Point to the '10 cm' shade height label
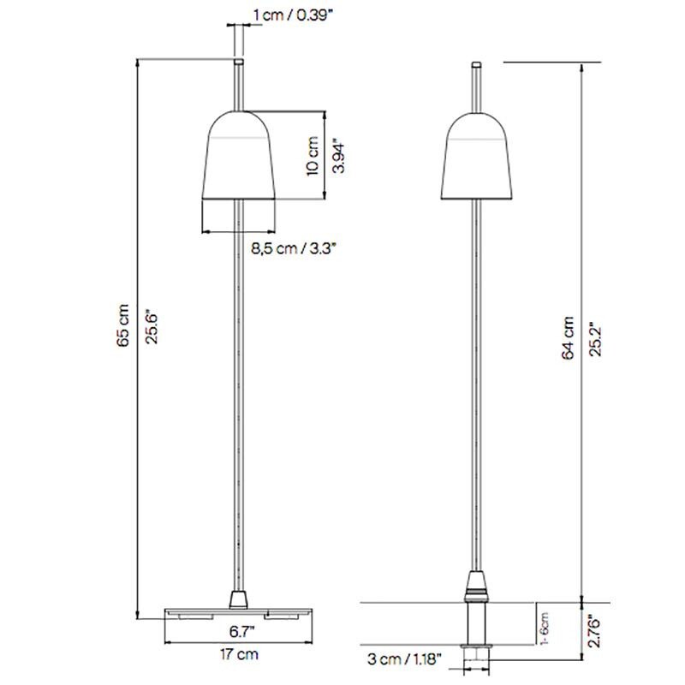click(313, 156)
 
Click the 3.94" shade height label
click(340, 156)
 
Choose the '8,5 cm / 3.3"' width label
click(294, 249)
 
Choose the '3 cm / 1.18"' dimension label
click(404, 659)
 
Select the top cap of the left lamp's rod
click(239, 63)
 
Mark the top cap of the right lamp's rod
click(476, 64)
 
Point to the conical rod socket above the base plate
click(239, 596)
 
